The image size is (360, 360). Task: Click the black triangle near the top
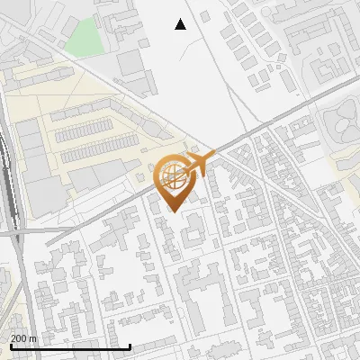pyautogui.click(x=181, y=24)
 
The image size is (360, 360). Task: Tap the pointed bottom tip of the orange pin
pyautogui.click(x=175, y=211)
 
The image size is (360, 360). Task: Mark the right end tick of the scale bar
pyautogui.click(x=130, y=346)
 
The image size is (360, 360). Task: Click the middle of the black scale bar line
pyautogui.click(x=69, y=346)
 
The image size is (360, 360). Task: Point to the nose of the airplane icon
pyautogui.click(x=208, y=159)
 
